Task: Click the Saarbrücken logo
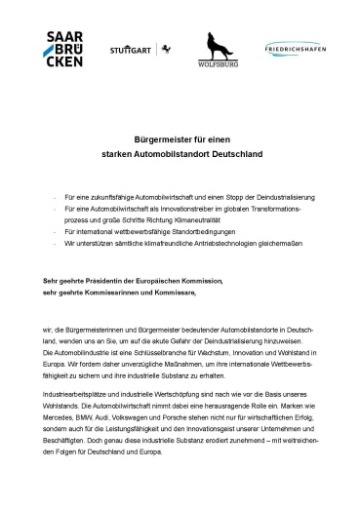tap(64, 49)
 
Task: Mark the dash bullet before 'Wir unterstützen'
tap(56, 247)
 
